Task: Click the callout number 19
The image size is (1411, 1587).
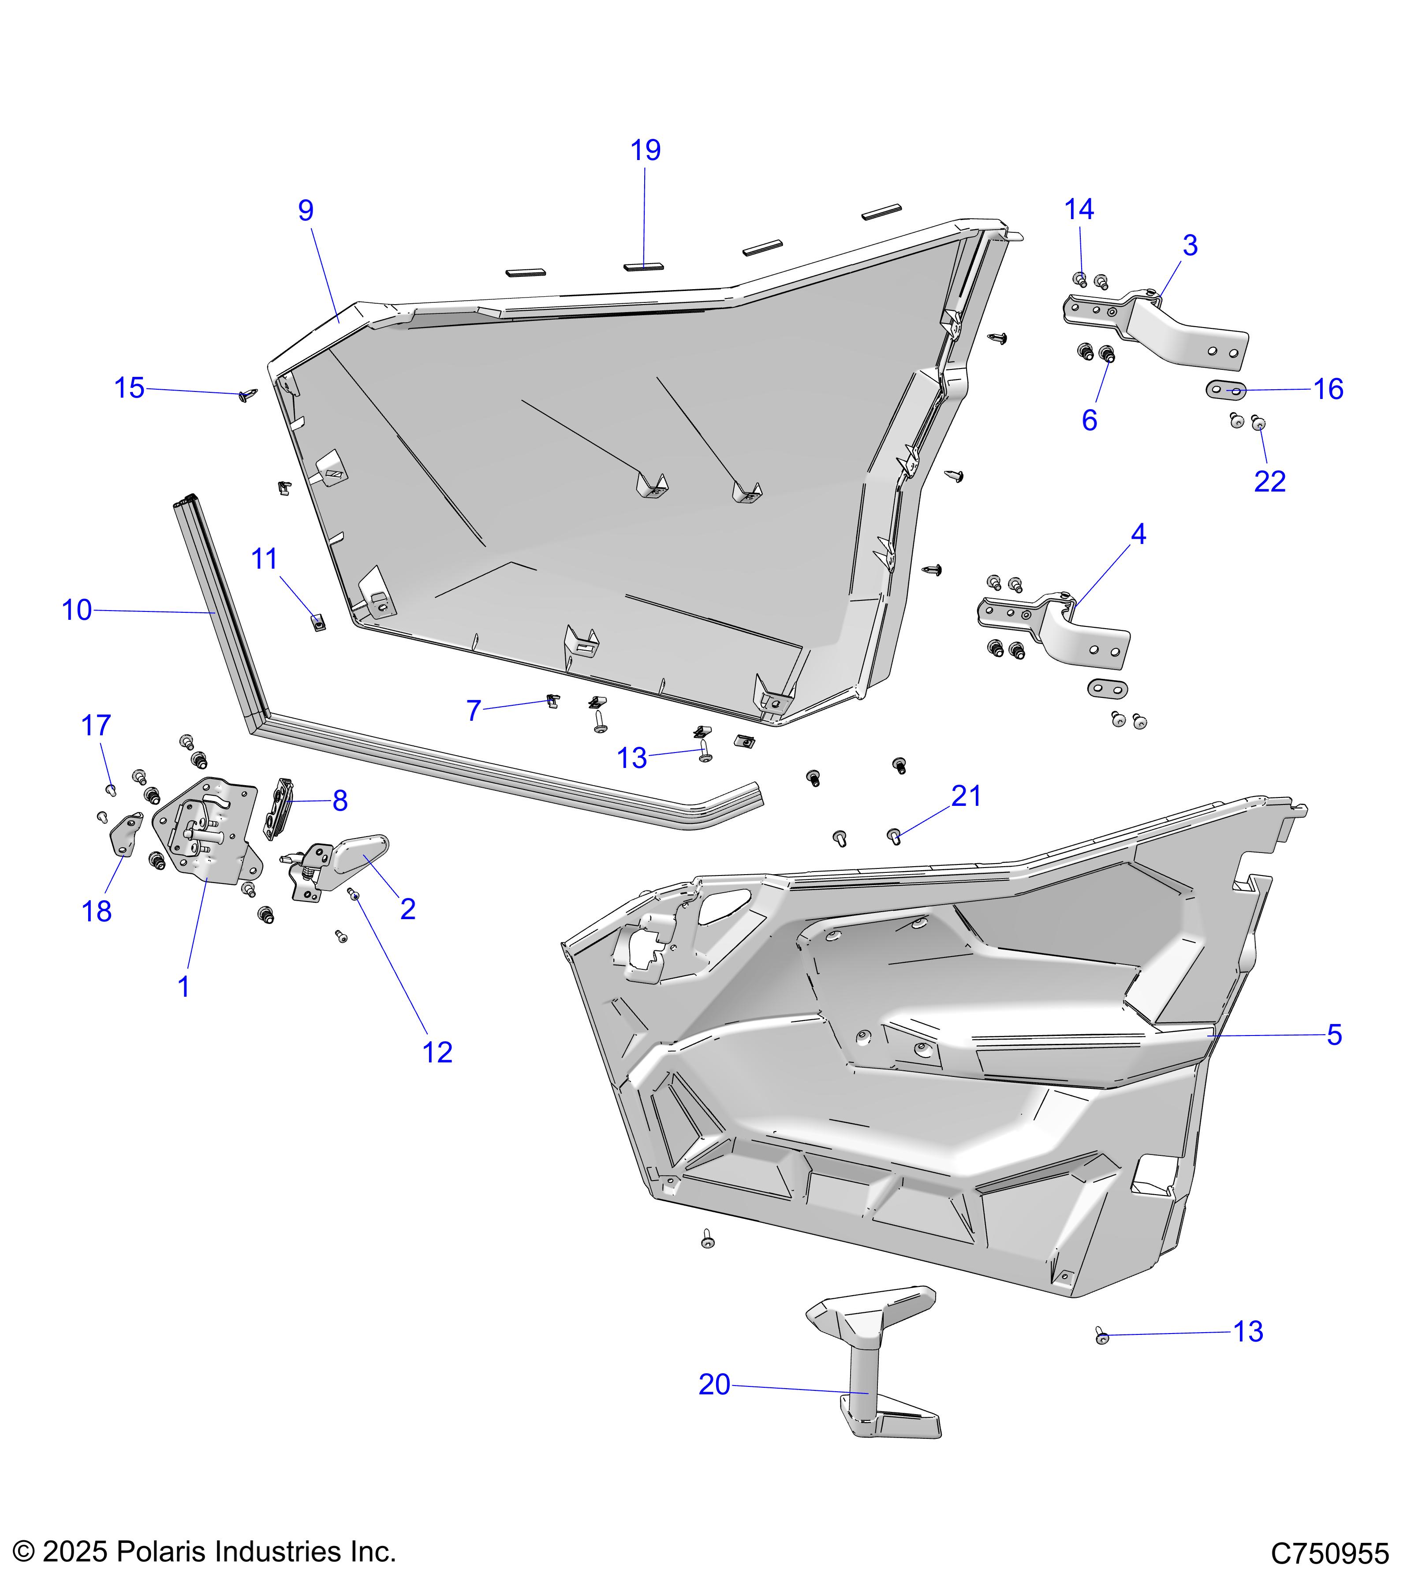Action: [x=646, y=151]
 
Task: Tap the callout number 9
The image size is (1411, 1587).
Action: [x=306, y=210]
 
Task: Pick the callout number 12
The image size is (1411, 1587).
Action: [x=437, y=1053]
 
